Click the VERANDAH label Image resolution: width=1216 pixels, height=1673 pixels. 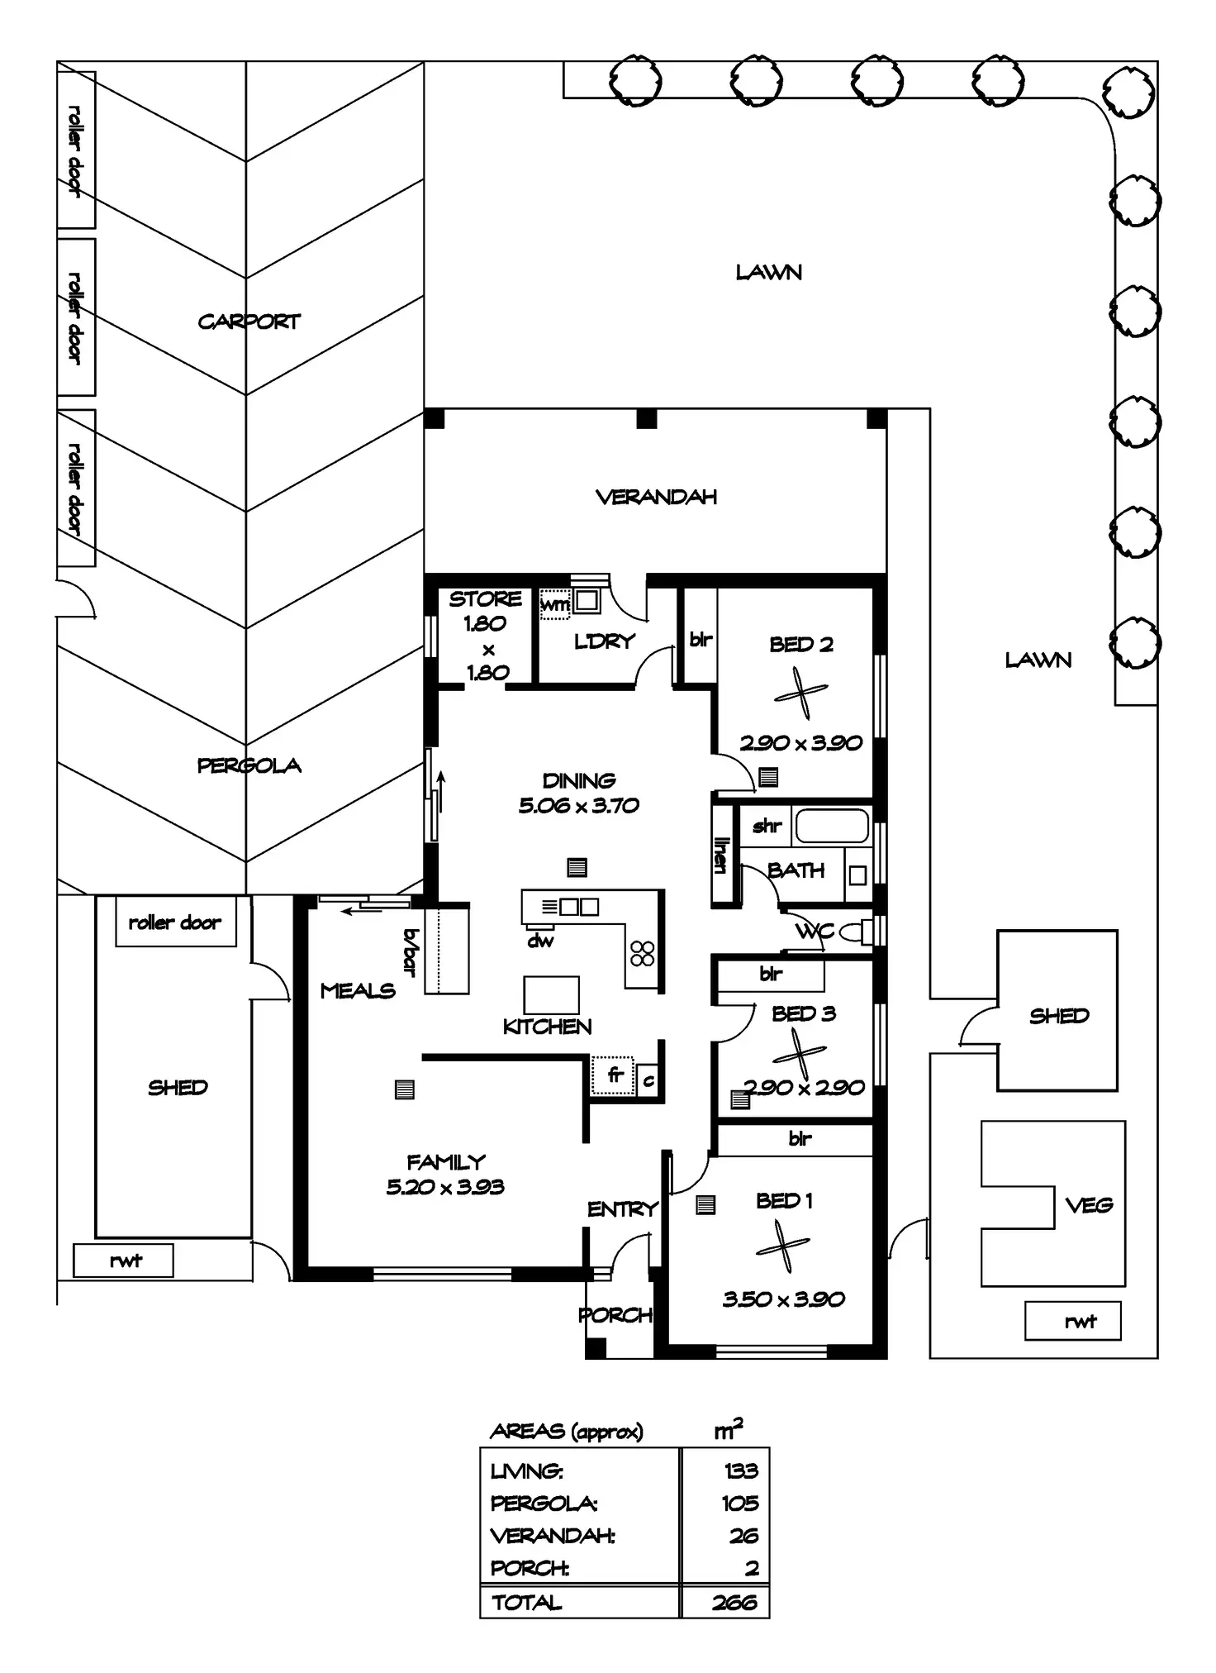(656, 497)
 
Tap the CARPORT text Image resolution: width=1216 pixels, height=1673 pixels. (249, 322)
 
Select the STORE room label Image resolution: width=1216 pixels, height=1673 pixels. (485, 598)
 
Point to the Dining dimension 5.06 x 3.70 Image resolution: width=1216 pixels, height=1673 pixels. (578, 805)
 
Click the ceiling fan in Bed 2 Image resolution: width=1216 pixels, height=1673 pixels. (800, 694)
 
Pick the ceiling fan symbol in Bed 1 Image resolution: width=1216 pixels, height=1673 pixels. (782, 1246)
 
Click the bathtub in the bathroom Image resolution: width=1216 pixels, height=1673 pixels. (832, 826)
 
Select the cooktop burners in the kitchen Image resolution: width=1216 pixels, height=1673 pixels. (643, 953)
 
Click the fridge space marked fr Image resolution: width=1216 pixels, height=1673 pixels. (613, 1076)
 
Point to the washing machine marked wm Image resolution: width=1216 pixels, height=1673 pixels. (554, 604)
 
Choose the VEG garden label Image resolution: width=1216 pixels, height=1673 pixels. (1089, 1205)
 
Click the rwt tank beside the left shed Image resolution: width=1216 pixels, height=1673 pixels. (124, 1261)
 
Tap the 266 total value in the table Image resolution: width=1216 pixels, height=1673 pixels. (734, 1603)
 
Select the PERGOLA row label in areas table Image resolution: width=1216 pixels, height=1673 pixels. (544, 1503)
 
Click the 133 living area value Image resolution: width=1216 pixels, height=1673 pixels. (741, 1470)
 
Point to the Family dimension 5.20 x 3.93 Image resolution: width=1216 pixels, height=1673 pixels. (445, 1187)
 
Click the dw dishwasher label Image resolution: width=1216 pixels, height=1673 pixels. (540, 941)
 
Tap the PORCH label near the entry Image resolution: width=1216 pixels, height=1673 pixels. (615, 1314)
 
